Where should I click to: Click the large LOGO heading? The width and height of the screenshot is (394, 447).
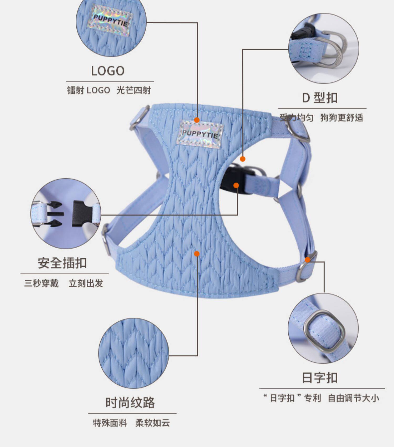click(x=108, y=71)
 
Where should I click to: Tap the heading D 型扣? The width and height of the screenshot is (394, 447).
click(x=320, y=98)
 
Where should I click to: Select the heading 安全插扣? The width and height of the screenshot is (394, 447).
click(x=62, y=263)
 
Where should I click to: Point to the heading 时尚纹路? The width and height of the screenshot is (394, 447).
click(x=130, y=403)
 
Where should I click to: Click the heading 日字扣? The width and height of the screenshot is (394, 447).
click(x=320, y=378)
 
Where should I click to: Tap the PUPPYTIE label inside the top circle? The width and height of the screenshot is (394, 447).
click(x=110, y=21)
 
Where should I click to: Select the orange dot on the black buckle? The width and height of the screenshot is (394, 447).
click(x=236, y=186)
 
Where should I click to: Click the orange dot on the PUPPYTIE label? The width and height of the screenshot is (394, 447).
click(x=197, y=120)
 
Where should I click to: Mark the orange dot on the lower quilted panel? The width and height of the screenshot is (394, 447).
click(x=197, y=254)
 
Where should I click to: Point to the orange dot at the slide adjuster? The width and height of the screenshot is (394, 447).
click(x=308, y=260)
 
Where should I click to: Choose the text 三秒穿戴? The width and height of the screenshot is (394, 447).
click(x=42, y=284)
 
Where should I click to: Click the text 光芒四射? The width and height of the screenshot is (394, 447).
click(x=134, y=90)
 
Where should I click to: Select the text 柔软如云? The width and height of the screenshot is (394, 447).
click(x=153, y=423)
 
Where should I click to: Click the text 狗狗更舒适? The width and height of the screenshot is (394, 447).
click(x=342, y=118)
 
